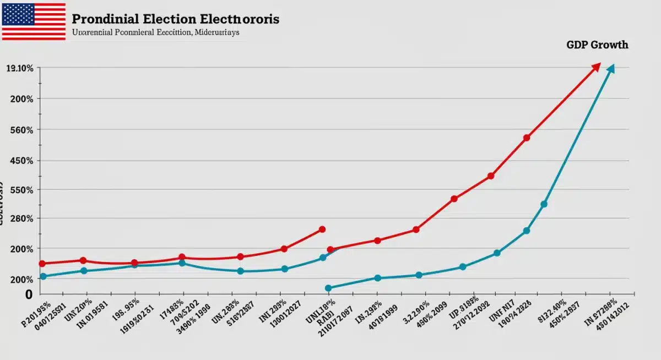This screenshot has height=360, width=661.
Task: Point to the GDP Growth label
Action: coord(597,45)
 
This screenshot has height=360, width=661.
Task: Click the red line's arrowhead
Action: coord(596,67)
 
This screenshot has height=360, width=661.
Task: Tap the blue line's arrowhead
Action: coord(610,68)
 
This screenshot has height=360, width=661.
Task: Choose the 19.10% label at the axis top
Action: coord(19,69)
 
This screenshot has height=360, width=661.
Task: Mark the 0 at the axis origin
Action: coord(29,294)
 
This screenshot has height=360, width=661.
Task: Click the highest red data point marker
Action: coord(527,138)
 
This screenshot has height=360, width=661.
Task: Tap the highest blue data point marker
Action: coord(544,204)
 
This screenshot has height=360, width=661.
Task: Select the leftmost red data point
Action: coord(42,264)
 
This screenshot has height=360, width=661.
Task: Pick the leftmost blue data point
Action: coord(43,276)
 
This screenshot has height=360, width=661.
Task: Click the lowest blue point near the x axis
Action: coord(328,288)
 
